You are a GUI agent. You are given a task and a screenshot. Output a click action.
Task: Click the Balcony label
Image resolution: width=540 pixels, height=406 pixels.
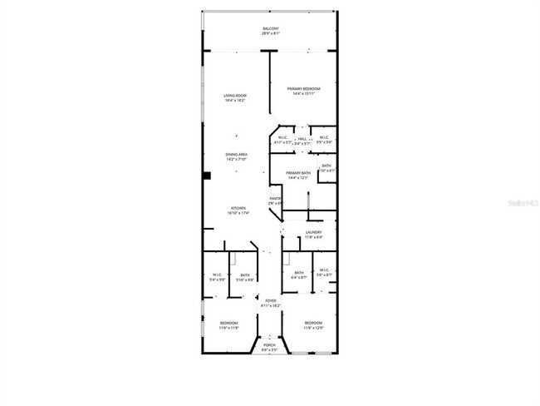pos(271,32)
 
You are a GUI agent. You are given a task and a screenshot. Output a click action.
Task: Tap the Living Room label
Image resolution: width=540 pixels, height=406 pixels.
pos(235,98)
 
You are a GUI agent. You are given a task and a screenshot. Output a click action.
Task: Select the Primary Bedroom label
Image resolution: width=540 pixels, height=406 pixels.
pos(305,91)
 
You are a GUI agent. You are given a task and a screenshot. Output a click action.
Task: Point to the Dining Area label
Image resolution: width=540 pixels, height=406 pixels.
pos(236,156)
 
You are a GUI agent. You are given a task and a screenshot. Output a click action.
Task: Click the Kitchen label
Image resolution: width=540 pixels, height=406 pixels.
pos(238,210)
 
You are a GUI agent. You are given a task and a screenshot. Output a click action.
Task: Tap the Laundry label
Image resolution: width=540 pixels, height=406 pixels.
pos(313,235)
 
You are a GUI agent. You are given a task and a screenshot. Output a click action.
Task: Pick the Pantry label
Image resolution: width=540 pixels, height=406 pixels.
pos(276,201)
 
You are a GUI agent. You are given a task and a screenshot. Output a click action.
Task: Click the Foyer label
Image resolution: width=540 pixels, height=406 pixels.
pos(271,304)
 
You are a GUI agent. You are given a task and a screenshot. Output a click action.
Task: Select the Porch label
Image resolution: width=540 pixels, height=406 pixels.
pos(269,347)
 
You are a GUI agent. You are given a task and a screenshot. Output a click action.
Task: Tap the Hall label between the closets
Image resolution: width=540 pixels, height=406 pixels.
pos(302,140)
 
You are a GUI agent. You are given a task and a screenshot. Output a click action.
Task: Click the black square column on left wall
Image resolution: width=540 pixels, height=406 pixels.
pos(207,176)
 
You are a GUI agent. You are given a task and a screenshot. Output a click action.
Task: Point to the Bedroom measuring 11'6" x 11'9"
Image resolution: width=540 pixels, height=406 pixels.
pos(228,324)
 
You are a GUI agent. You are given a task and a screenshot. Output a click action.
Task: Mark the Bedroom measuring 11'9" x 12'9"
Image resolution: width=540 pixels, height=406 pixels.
pos(312,324)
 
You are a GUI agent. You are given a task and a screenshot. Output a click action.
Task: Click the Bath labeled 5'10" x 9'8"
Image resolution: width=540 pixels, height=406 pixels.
pos(245,278)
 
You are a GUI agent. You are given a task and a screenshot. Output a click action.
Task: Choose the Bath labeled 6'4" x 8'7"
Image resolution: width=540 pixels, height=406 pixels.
pos(298,275)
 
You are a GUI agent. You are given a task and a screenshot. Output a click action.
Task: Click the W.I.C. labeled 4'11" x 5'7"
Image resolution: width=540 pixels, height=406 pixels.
pos(283,140)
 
